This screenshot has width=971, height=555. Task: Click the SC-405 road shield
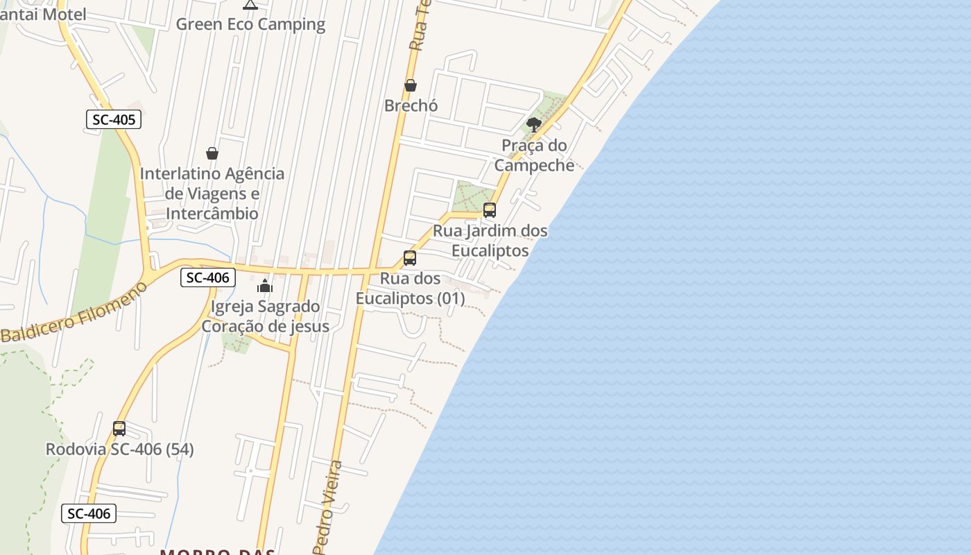pyautogui.click(x=114, y=119)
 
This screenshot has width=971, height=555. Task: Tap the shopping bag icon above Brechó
pyautogui.click(x=410, y=85)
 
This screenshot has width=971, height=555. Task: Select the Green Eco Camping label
pyautogui.click(x=250, y=24)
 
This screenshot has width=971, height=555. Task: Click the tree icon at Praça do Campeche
pyautogui.click(x=533, y=125)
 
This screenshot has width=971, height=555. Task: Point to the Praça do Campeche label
pyautogui.click(x=534, y=155)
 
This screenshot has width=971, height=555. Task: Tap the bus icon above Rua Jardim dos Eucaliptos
pyautogui.click(x=490, y=210)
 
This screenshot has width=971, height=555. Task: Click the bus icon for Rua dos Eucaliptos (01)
pyautogui.click(x=410, y=258)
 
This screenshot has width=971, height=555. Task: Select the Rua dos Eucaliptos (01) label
pyautogui.click(x=411, y=289)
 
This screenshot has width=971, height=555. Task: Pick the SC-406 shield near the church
pyautogui.click(x=207, y=277)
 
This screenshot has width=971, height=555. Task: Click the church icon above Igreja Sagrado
pyautogui.click(x=265, y=286)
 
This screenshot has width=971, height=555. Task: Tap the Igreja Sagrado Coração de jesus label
pyautogui.click(x=265, y=316)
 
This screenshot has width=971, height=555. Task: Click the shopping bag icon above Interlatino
pyautogui.click(x=212, y=153)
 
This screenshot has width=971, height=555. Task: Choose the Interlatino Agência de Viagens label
pyautogui.click(x=212, y=194)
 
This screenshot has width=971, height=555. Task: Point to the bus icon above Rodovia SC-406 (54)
pyautogui.click(x=119, y=428)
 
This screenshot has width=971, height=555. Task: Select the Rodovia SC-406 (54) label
pyautogui.click(x=120, y=450)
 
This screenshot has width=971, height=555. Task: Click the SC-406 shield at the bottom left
pyautogui.click(x=89, y=513)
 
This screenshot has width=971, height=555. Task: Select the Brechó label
pyautogui.click(x=411, y=106)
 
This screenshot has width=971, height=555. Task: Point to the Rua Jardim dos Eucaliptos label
pyautogui.click(x=490, y=240)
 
